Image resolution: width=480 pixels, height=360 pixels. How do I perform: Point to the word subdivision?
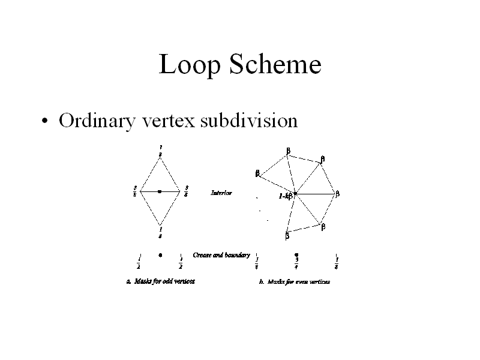click(x=249, y=121)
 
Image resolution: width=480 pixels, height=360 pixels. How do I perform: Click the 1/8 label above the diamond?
click(x=160, y=150)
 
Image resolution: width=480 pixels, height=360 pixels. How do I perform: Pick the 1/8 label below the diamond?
click(x=160, y=232)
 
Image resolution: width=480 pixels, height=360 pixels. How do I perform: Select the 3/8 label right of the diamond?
click(x=187, y=191)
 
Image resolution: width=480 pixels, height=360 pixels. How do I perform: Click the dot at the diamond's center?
click(x=160, y=191)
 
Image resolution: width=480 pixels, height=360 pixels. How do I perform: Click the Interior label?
click(x=221, y=193)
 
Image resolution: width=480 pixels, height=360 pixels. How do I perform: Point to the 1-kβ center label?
click(x=285, y=196)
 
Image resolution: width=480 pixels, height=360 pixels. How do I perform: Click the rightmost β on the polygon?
click(x=337, y=194)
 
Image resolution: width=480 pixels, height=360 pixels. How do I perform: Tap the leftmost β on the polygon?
click(x=257, y=173)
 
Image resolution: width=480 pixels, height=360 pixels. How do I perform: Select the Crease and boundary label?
click(x=221, y=255)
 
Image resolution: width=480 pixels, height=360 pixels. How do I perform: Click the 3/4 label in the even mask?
click(x=296, y=263)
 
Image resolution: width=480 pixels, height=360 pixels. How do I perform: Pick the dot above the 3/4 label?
click(x=296, y=254)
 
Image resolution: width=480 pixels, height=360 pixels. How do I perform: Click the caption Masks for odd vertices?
click(x=160, y=280)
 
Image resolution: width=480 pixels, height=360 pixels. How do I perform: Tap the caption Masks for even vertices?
click(x=295, y=281)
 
